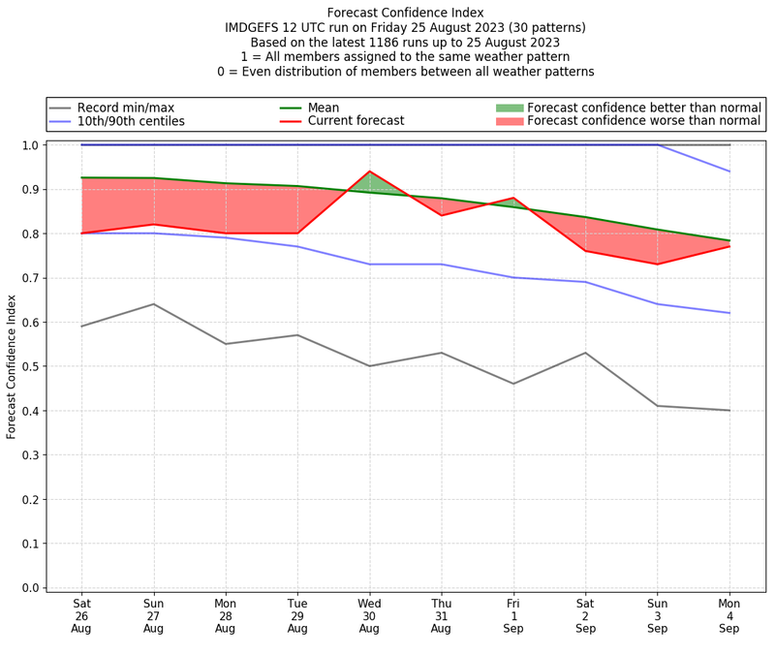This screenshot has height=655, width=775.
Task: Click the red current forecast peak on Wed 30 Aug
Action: click(x=369, y=172)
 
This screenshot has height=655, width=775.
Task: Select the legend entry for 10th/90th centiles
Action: click(x=131, y=121)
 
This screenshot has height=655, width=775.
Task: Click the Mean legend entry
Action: click(x=323, y=107)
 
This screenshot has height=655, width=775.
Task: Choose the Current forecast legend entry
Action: click(x=356, y=121)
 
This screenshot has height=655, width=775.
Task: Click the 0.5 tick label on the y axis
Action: click(x=29, y=366)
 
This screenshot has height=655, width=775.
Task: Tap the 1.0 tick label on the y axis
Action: click(x=29, y=145)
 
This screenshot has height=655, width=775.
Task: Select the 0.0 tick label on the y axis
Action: click(x=29, y=587)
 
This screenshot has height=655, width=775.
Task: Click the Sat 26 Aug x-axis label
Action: click(x=81, y=614)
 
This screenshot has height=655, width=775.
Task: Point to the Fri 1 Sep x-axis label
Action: click(x=513, y=614)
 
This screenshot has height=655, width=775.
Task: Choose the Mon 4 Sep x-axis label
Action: click(x=729, y=614)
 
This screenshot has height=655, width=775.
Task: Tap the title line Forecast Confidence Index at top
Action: click(x=404, y=13)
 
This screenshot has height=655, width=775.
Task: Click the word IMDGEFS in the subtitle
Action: click(x=256, y=28)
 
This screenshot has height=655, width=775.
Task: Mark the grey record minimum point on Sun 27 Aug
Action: click(x=153, y=304)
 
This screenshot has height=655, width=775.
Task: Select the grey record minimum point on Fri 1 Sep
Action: click(x=513, y=384)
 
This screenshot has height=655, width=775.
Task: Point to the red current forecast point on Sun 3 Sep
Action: click(x=658, y=265)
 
